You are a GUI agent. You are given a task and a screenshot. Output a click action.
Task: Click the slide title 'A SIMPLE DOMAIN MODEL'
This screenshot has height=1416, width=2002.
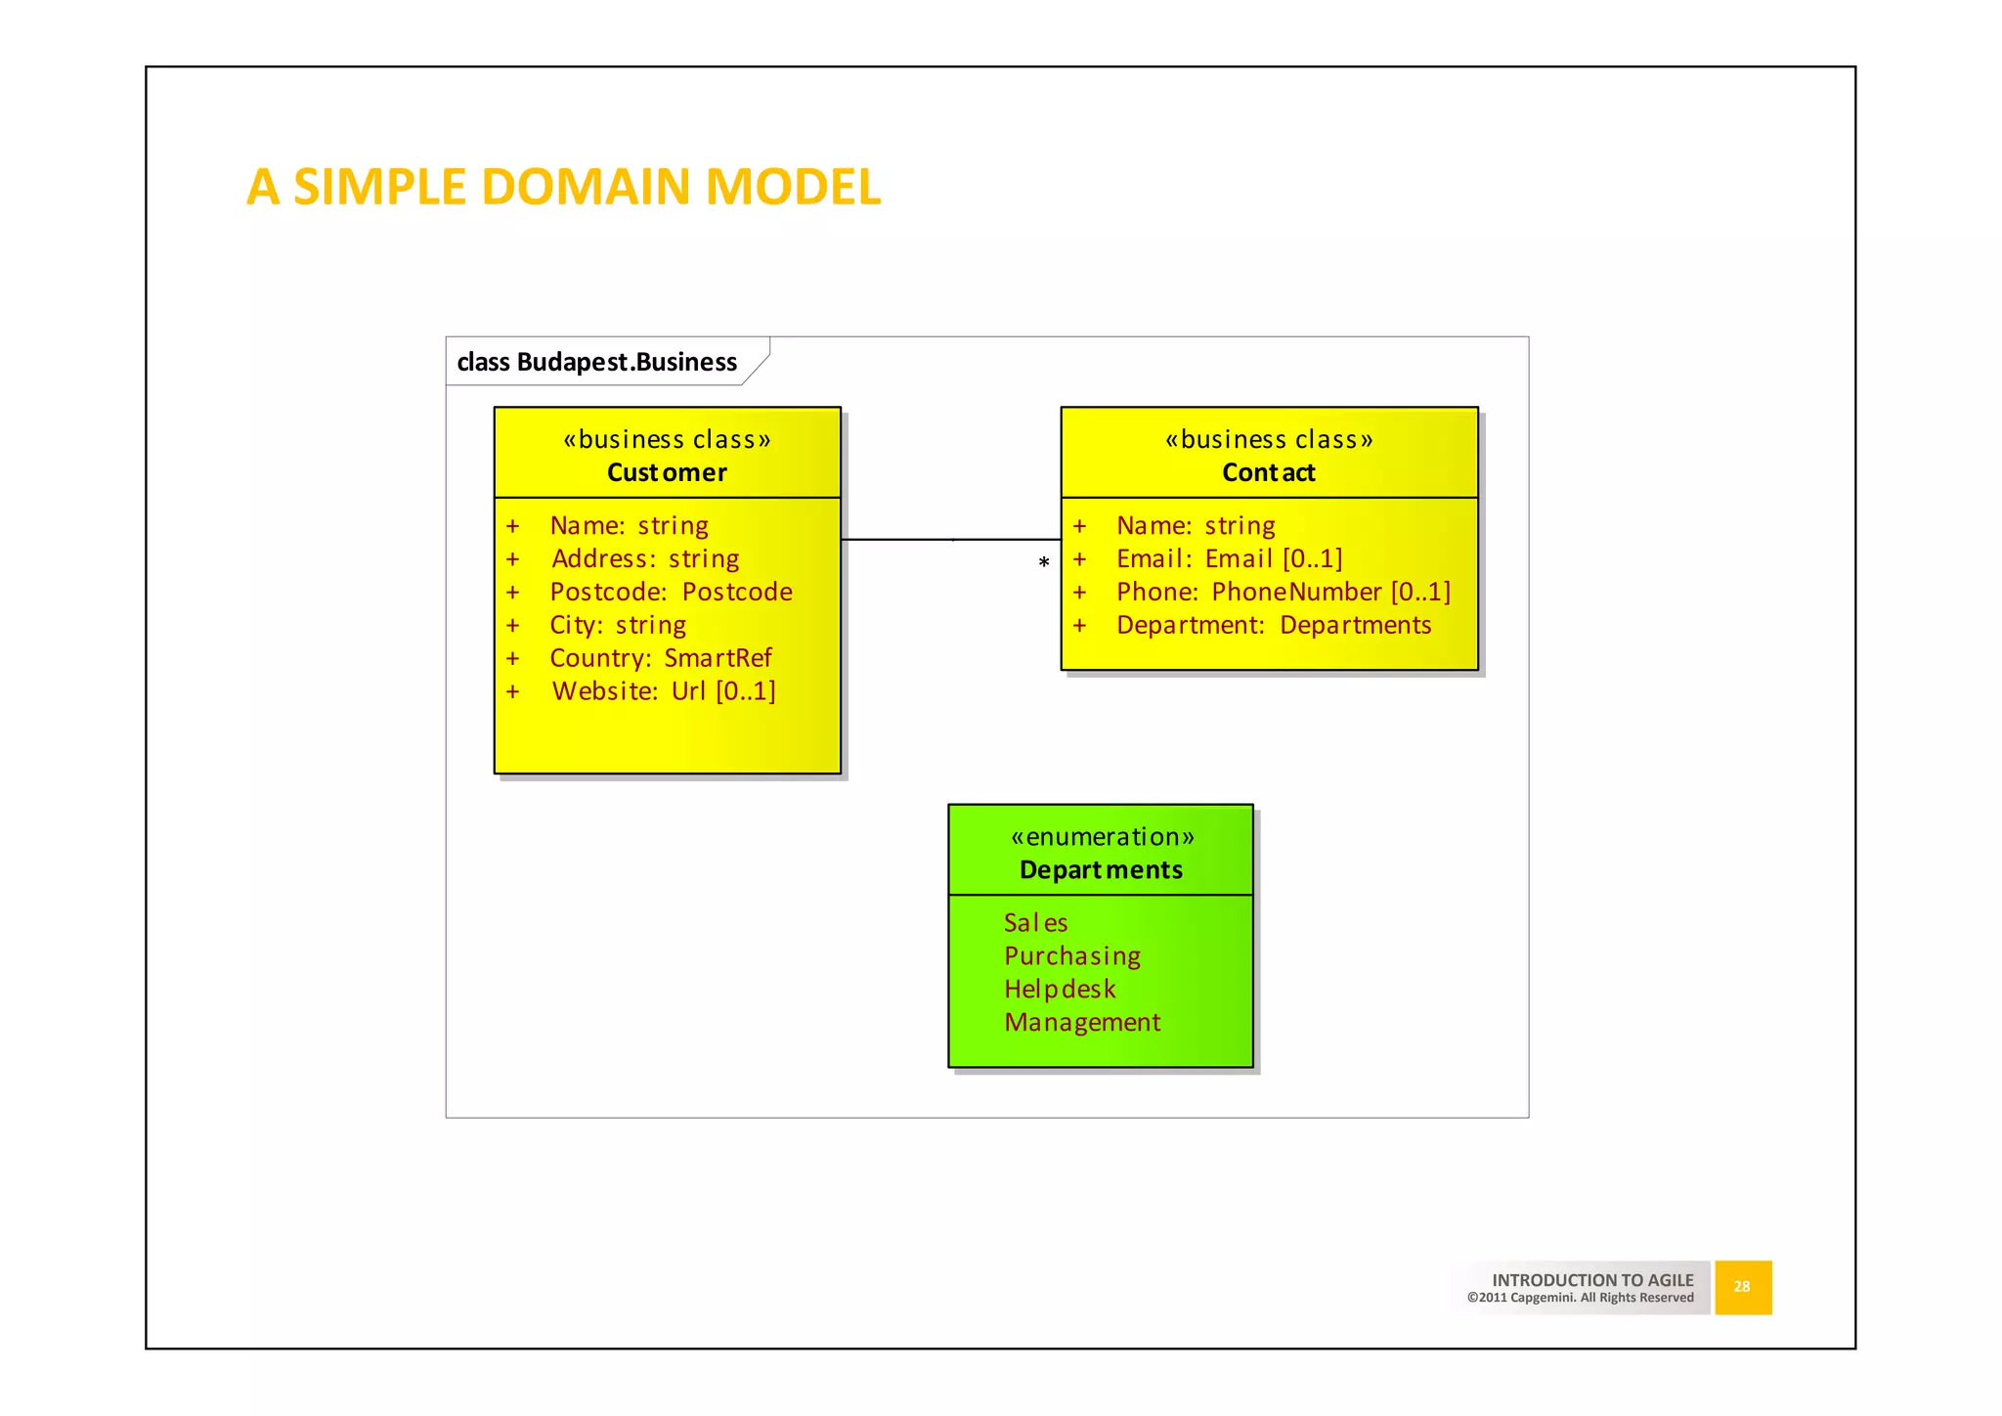563,187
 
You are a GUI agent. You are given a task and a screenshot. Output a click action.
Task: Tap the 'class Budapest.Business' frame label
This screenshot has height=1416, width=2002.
596,362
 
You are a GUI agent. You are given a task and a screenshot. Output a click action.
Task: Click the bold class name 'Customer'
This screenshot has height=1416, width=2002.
667,472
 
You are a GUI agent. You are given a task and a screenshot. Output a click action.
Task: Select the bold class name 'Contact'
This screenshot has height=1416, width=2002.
1268,472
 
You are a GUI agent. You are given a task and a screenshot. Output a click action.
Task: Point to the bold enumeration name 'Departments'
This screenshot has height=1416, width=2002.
1101,869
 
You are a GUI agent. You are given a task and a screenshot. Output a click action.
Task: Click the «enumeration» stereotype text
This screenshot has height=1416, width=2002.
1102,836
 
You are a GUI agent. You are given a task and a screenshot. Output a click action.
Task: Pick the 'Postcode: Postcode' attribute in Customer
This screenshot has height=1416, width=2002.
671,592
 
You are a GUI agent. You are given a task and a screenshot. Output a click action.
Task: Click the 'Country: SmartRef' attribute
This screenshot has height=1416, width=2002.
660,658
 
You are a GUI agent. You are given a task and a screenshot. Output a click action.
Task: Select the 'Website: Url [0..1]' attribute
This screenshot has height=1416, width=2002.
664,691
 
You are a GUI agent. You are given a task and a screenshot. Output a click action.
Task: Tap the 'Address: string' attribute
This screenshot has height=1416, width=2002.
645,558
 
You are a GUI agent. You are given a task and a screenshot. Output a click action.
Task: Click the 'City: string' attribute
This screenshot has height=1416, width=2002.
618,625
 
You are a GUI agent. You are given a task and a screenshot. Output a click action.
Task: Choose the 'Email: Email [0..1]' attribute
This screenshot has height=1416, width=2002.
1229,558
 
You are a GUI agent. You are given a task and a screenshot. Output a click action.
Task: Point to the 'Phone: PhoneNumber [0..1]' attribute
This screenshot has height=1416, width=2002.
1283,592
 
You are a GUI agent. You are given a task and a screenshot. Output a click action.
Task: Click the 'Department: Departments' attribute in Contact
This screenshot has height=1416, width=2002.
1273,625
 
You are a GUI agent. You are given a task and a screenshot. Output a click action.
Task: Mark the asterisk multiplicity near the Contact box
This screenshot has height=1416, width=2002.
1044,563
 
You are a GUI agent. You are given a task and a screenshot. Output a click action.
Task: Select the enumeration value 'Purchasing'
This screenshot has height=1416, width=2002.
1072,955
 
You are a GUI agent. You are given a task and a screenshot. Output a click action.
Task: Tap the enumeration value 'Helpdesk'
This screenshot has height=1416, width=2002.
1060,989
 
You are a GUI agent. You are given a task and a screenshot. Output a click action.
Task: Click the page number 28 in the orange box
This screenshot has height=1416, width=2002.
1742,1287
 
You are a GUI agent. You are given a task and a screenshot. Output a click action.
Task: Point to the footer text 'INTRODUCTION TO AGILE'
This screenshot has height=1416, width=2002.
1592,1280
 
